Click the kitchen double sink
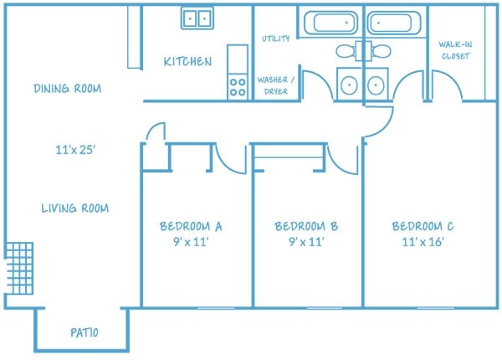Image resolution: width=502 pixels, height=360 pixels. [197, 18]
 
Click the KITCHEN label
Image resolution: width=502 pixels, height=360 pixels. [187, 62]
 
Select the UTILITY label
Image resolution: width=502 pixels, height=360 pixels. [275, 39]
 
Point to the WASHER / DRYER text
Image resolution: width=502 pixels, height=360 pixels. [277, 85]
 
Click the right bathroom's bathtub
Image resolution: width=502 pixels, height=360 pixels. [395, 23]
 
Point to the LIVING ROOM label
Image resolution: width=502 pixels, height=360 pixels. [75, 208]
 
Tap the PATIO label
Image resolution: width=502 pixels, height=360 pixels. [83, 333]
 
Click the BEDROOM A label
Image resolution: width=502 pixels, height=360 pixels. [190, 226]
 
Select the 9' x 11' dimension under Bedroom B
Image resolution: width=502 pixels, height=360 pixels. [305, 242]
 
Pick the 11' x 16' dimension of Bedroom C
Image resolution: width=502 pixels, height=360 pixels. [422, 242]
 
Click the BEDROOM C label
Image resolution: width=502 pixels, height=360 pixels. [423, 226]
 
